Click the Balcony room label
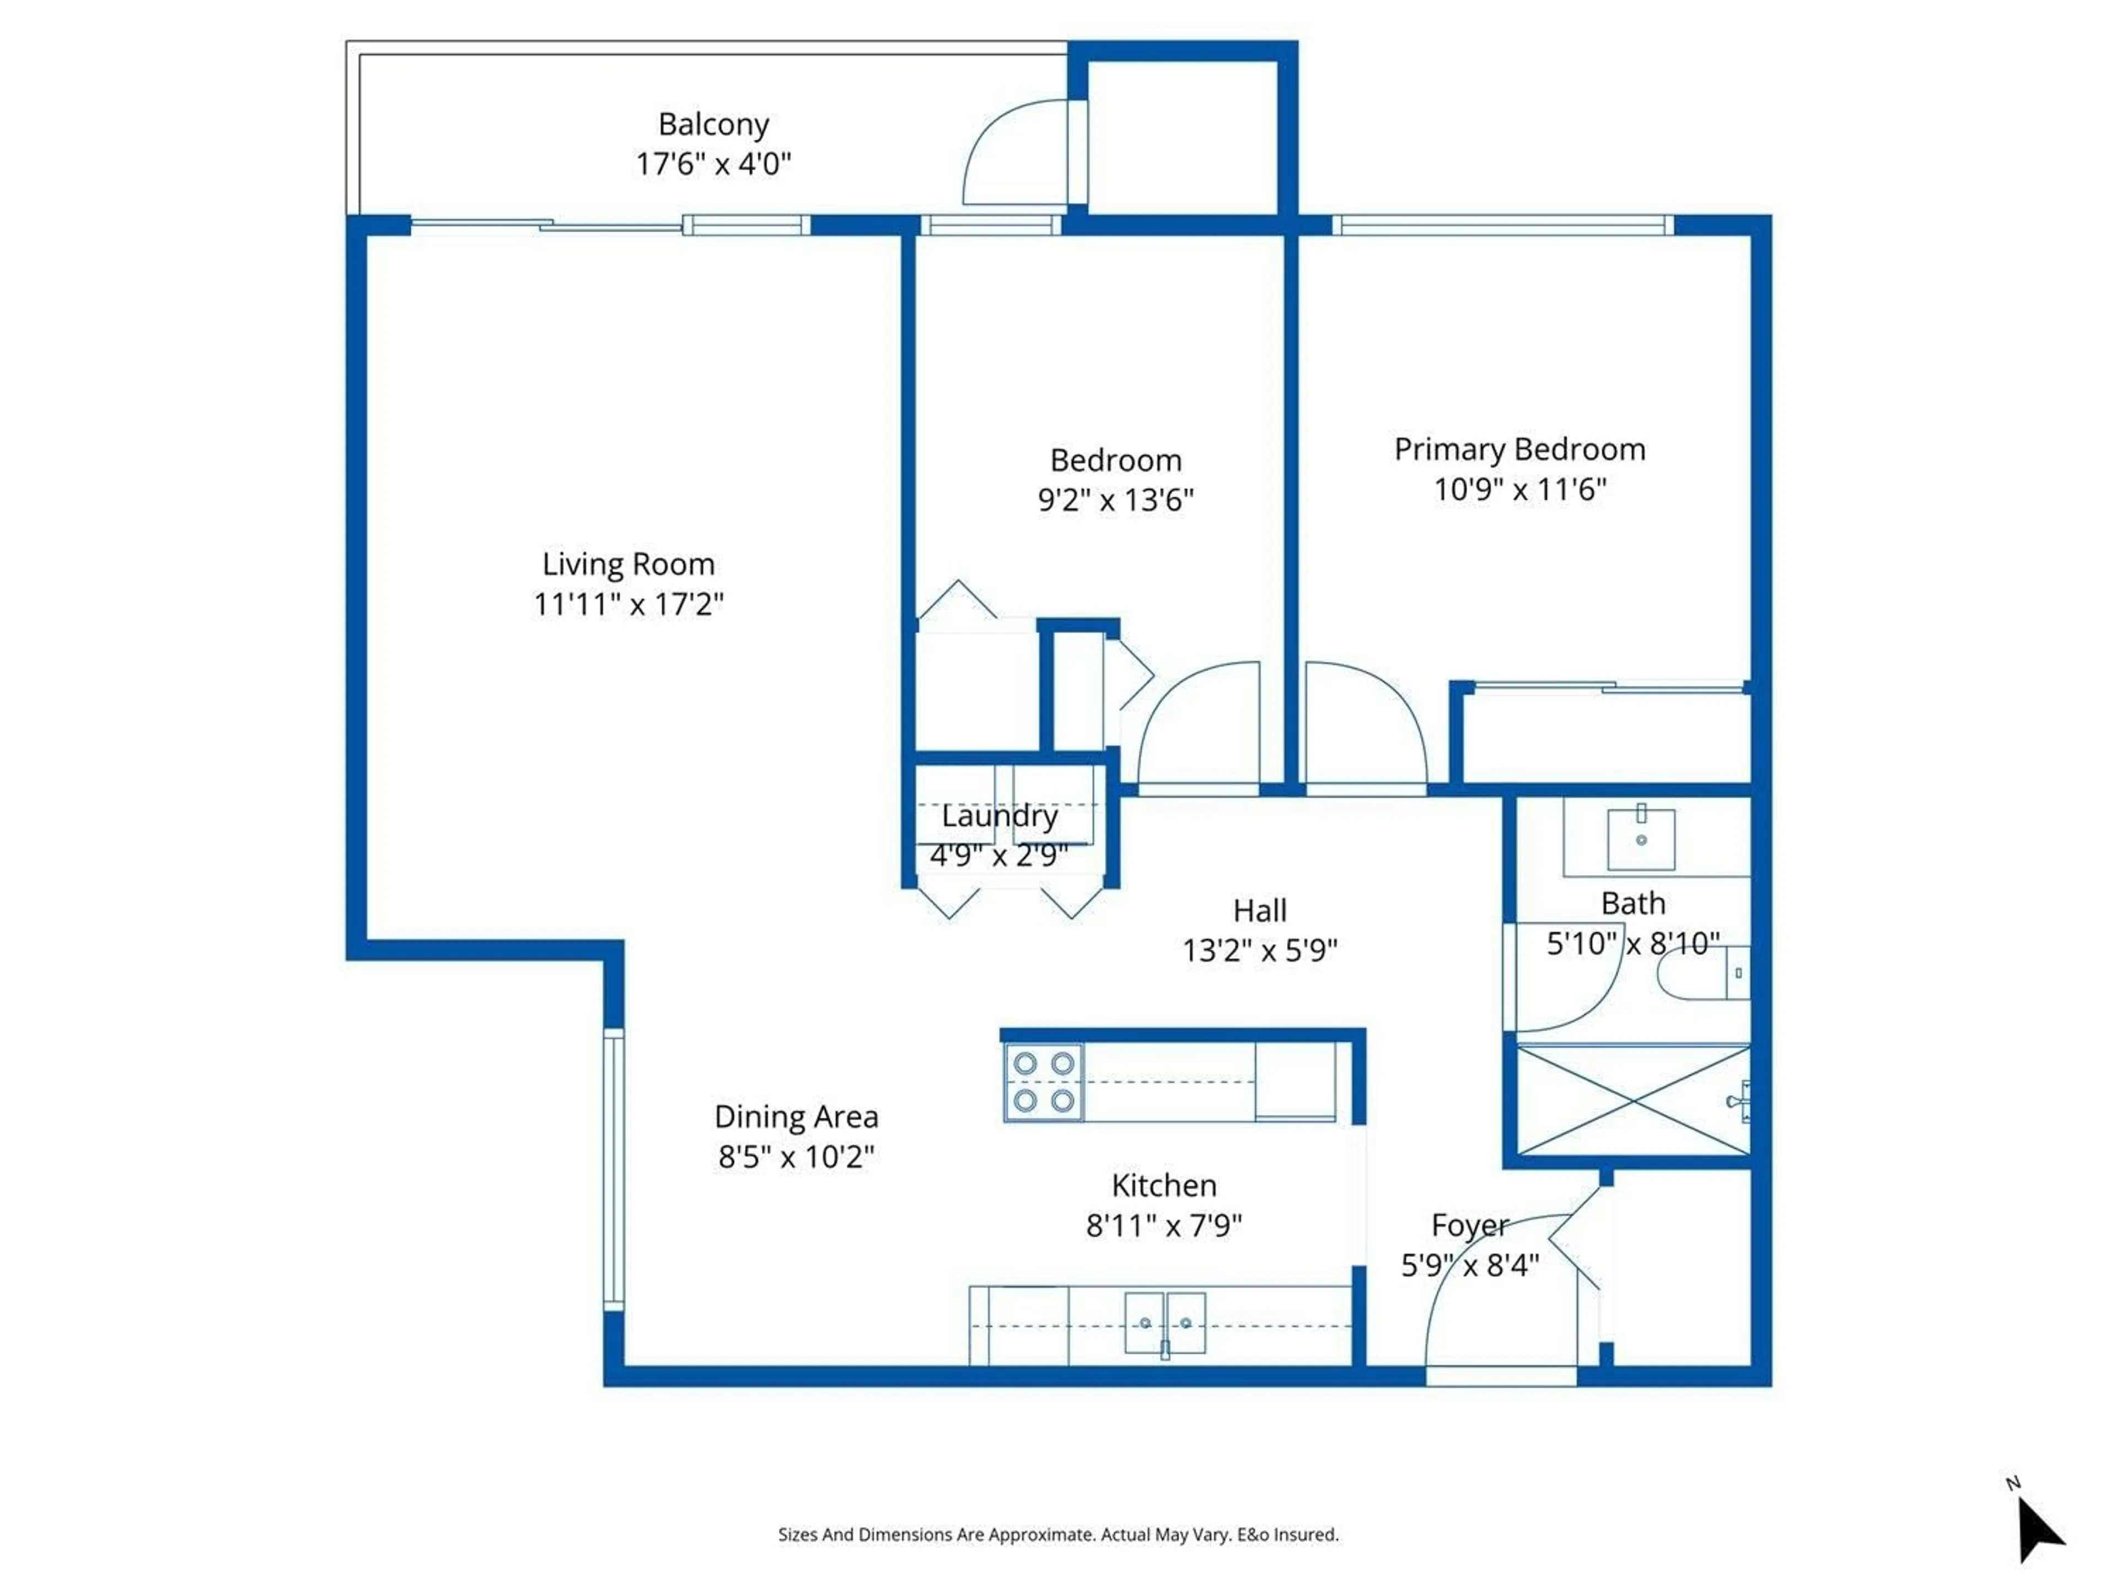713,125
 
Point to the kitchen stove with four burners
1043,1082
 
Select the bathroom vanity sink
1640,839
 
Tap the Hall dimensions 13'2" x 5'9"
1260,951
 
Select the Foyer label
1469,1225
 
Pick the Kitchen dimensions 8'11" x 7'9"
1164,1225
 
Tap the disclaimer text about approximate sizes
1057,1535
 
